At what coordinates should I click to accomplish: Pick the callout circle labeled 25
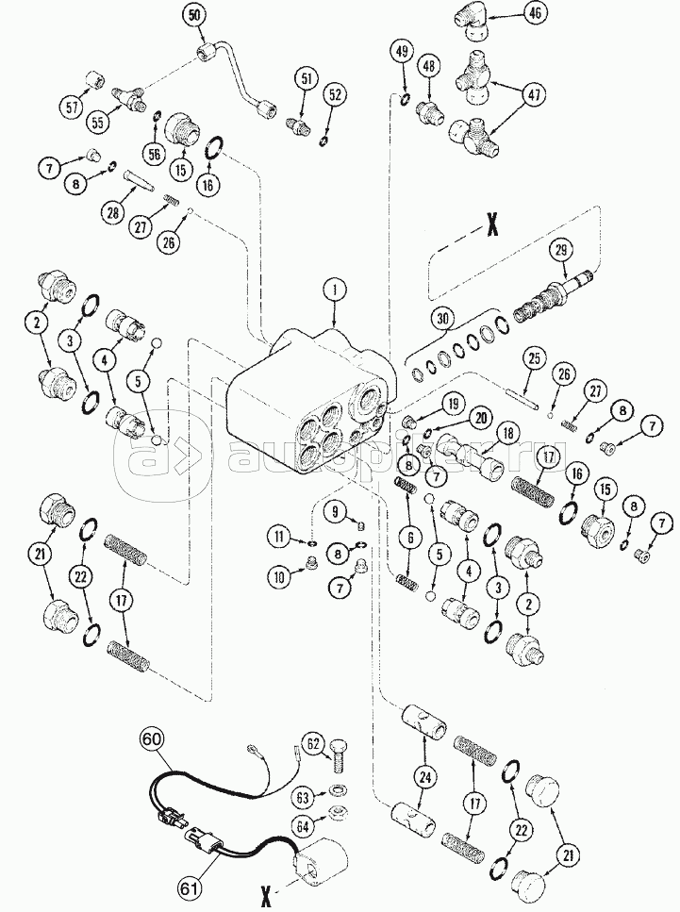533,359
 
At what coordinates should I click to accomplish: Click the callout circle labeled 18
508,433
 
